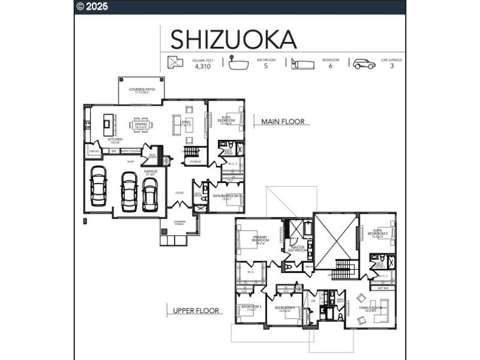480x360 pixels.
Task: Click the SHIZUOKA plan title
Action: click(x=233, y=39)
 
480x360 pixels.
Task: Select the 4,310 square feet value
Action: click(x=203, y=67)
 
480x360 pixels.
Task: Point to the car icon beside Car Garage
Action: click(x=364, y=64)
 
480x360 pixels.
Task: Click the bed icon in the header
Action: click(x=303, y=64)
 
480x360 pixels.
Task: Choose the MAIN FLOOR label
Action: click(x=282, y=122)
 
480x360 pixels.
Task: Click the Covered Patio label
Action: click(x=142, y=91)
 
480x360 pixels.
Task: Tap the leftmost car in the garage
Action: click(x=98, y=185)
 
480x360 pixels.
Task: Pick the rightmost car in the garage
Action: click(x=150, y=194)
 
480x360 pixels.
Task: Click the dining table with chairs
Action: click(x=142, y=125)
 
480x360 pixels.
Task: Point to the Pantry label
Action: click(x=94, y=151)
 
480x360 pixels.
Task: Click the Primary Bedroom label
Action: click(x=260, y=239)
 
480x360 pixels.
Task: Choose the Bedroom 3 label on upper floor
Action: click(x=251, y=307)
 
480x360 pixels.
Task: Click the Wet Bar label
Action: click(x=382, y=287)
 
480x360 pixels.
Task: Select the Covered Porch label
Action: click(x=179, y=223)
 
